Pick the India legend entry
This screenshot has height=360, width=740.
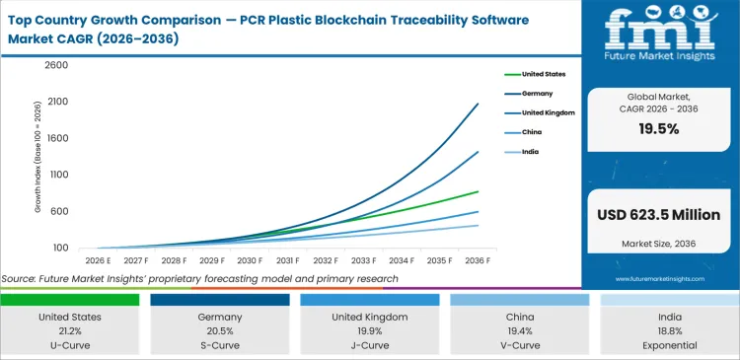tap(530, 151)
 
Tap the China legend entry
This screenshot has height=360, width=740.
tap(531, 131)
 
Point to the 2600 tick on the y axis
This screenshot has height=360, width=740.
tap(55, 65)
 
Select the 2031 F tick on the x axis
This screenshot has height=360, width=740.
tap(287, 260)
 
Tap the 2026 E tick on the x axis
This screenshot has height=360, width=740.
tap(99, 260)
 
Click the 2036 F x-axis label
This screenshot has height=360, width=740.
tap(479, 260)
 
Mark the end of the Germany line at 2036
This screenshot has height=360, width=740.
tap(479, 104)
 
